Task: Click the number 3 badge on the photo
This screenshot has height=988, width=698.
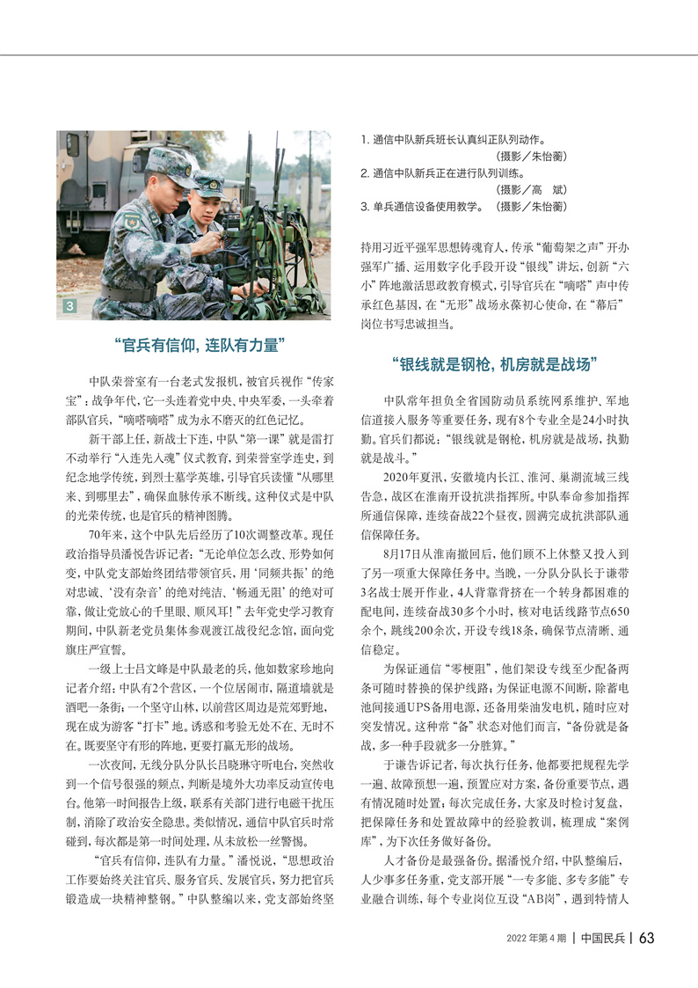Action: point(69,307)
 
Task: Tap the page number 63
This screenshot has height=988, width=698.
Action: point(646,938)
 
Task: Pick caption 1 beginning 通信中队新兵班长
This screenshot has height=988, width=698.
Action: point(454,139)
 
